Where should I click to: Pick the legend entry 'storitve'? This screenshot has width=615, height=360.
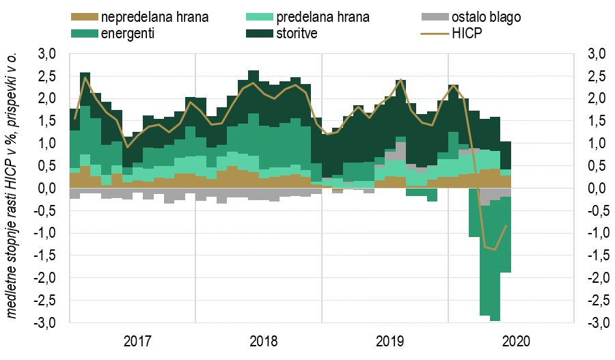click(x=299, y=32)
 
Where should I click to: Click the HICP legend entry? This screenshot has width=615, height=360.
click(x=467, y=32)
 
